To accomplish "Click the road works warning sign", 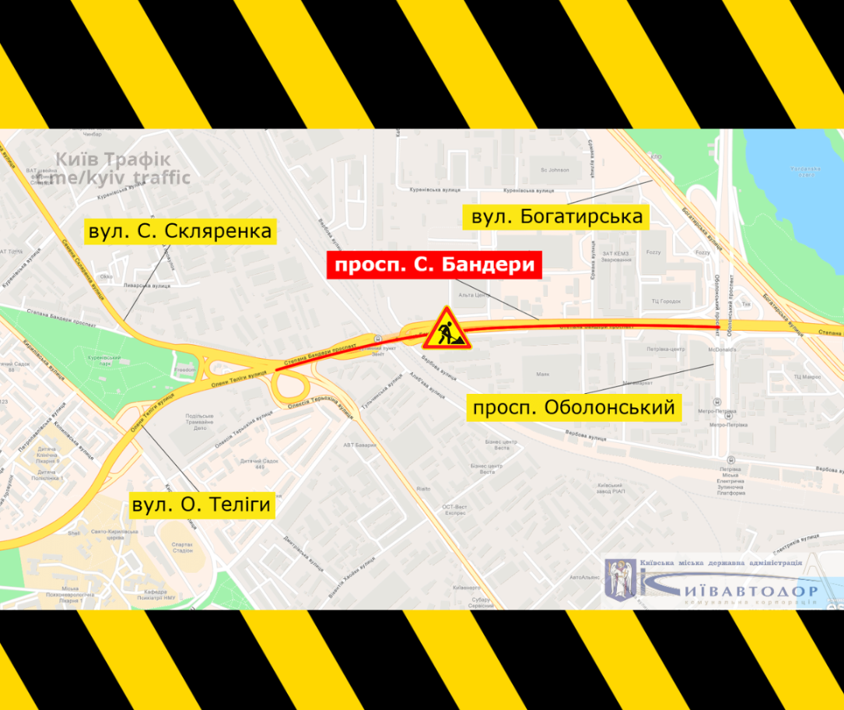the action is [447, 328].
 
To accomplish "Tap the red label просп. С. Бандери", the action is [433, 265].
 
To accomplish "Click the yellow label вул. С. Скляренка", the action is [180, 231].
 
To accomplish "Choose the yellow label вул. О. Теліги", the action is [201, 505].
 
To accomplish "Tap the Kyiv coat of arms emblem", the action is [622, 578].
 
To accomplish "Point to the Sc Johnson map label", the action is [550, 170].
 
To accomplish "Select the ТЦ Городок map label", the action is [666, 301].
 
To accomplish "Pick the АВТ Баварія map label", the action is [359, 445].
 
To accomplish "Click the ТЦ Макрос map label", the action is [807, 376].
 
